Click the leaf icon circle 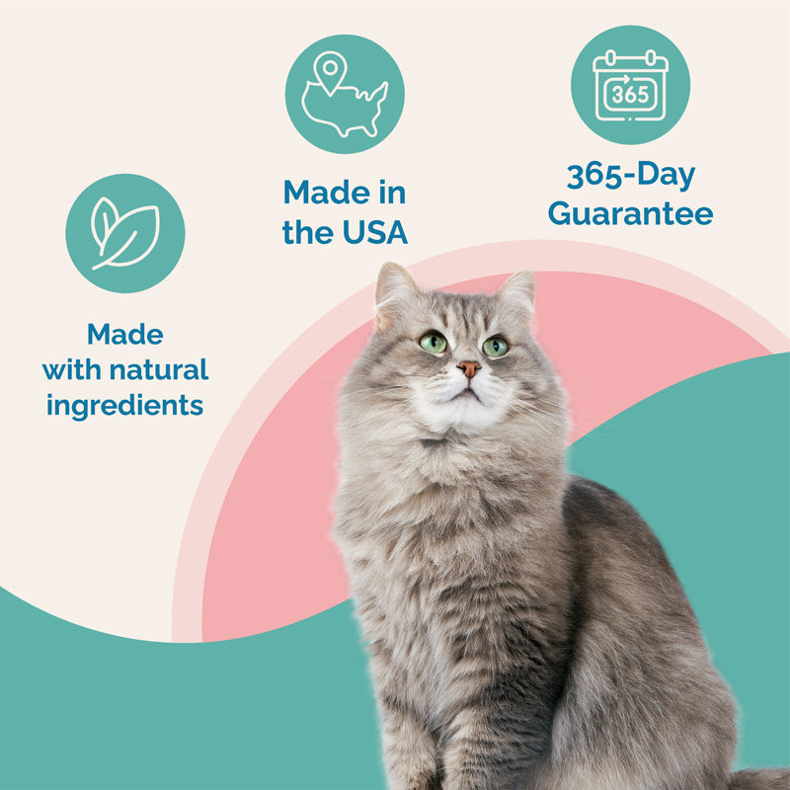124,233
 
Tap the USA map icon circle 345,94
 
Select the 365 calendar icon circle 630,85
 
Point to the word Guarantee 630,213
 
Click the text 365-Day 630,176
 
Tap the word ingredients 124,405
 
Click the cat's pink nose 469,368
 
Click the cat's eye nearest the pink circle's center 495,347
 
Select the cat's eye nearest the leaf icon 433,343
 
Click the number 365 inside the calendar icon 630,95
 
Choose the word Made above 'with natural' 124,335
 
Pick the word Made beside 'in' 322,192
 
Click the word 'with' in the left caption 70,370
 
